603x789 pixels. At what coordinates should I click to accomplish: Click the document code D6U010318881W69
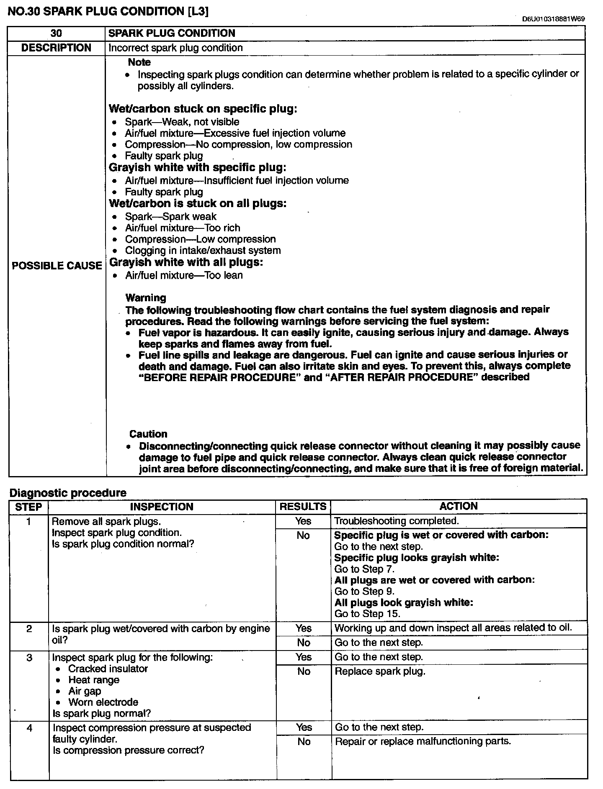tap(553, 19)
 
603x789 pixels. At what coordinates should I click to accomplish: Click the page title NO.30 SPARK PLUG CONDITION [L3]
tap(108, 11)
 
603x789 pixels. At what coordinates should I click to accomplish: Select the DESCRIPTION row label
tap(56, 48)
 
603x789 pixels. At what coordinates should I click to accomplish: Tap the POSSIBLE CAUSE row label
tap(57, 266)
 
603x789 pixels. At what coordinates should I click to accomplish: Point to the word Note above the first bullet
tap(139, 62)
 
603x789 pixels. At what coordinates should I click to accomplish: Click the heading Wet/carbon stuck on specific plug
tap(203, 109)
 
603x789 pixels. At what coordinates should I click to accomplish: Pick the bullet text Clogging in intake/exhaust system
tap(203, 251)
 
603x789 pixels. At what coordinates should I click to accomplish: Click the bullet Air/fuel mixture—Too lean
tap(184, 275)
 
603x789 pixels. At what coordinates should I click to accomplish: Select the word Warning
tap(146, 298)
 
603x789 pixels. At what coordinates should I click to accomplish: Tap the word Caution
tap(148, 434)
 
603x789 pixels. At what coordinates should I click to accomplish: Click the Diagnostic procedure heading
tap(68, 493)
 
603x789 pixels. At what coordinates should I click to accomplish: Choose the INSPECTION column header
tap(162, 507)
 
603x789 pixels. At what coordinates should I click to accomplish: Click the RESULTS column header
tap(303, 507)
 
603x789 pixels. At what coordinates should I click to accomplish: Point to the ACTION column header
tap(459, 506)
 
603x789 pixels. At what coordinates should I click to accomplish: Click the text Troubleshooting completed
tap(397, 521)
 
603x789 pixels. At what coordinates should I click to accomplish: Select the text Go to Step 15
tap(367, 614)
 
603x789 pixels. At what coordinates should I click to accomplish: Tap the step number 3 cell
tap(29, 658)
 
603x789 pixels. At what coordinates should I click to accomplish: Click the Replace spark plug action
tap(380, 671)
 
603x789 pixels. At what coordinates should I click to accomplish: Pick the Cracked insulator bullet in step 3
tap(108, 669)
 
